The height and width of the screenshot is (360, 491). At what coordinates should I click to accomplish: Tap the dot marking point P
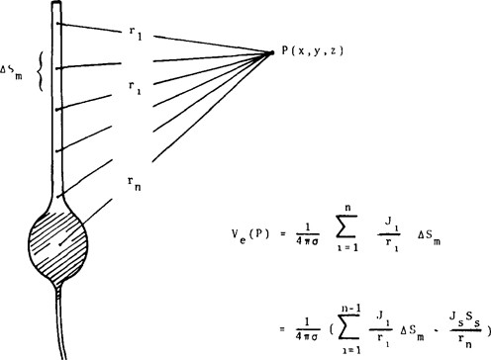271,52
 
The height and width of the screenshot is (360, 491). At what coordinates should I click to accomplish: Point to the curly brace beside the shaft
41,78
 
